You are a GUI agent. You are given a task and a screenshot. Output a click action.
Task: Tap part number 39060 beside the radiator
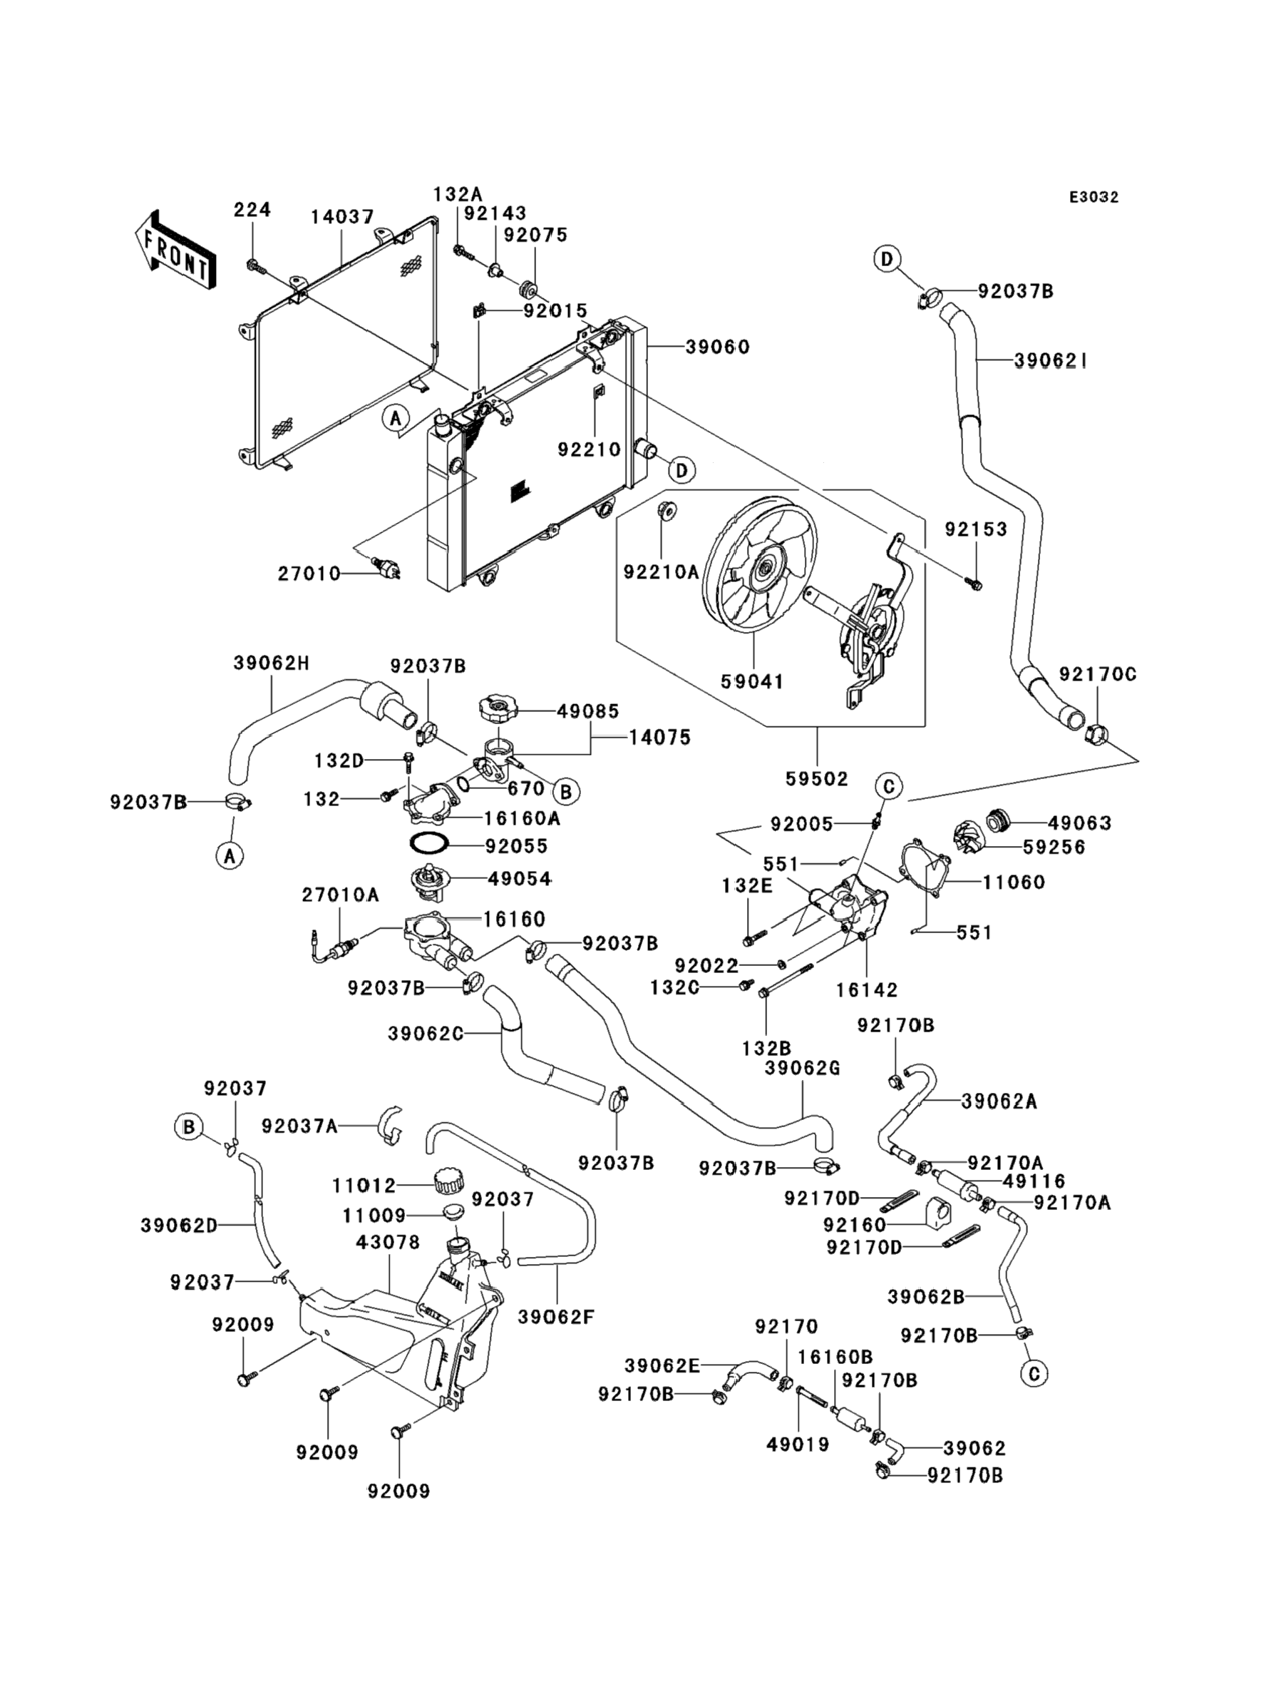pos(717,347)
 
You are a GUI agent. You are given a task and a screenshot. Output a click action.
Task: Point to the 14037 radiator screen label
pos(341,217)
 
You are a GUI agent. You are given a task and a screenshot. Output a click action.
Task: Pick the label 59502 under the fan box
pos(817,779)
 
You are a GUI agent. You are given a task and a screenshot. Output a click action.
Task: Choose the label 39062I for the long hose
pos(1051,360)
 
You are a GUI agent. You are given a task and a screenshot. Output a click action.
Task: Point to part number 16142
pos(867,989)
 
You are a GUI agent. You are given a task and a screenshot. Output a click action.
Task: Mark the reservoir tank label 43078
pos(388,1242)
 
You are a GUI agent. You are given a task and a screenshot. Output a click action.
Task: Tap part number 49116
pos(1034,1181)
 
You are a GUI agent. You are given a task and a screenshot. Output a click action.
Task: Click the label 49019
pos(798,1445)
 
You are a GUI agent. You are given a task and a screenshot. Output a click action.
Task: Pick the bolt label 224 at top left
pos(252,209)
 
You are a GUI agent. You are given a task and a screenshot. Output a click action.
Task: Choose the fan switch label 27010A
pos(340,894)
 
